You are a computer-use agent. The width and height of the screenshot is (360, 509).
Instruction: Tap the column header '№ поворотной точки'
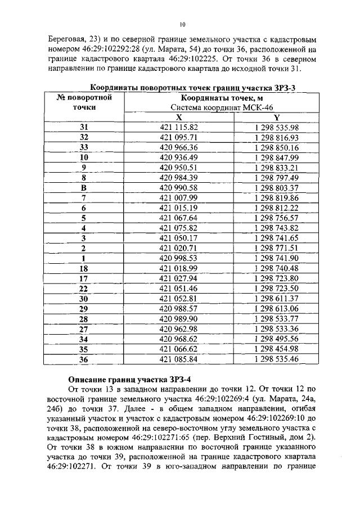[x=84, y=102]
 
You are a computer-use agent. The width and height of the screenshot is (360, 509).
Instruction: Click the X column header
[x=179, y=117]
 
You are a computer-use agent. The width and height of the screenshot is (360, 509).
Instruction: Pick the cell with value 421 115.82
[x=179, y=128]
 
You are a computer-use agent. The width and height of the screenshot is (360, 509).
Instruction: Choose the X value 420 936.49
[x=179, y=157]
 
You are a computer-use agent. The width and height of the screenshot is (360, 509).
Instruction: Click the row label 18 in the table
[x=84, y=268]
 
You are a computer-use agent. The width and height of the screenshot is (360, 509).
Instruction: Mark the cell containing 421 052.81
[x=179, y=298]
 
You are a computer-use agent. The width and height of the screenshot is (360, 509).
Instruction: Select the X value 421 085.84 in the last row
[x=179, y=358]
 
